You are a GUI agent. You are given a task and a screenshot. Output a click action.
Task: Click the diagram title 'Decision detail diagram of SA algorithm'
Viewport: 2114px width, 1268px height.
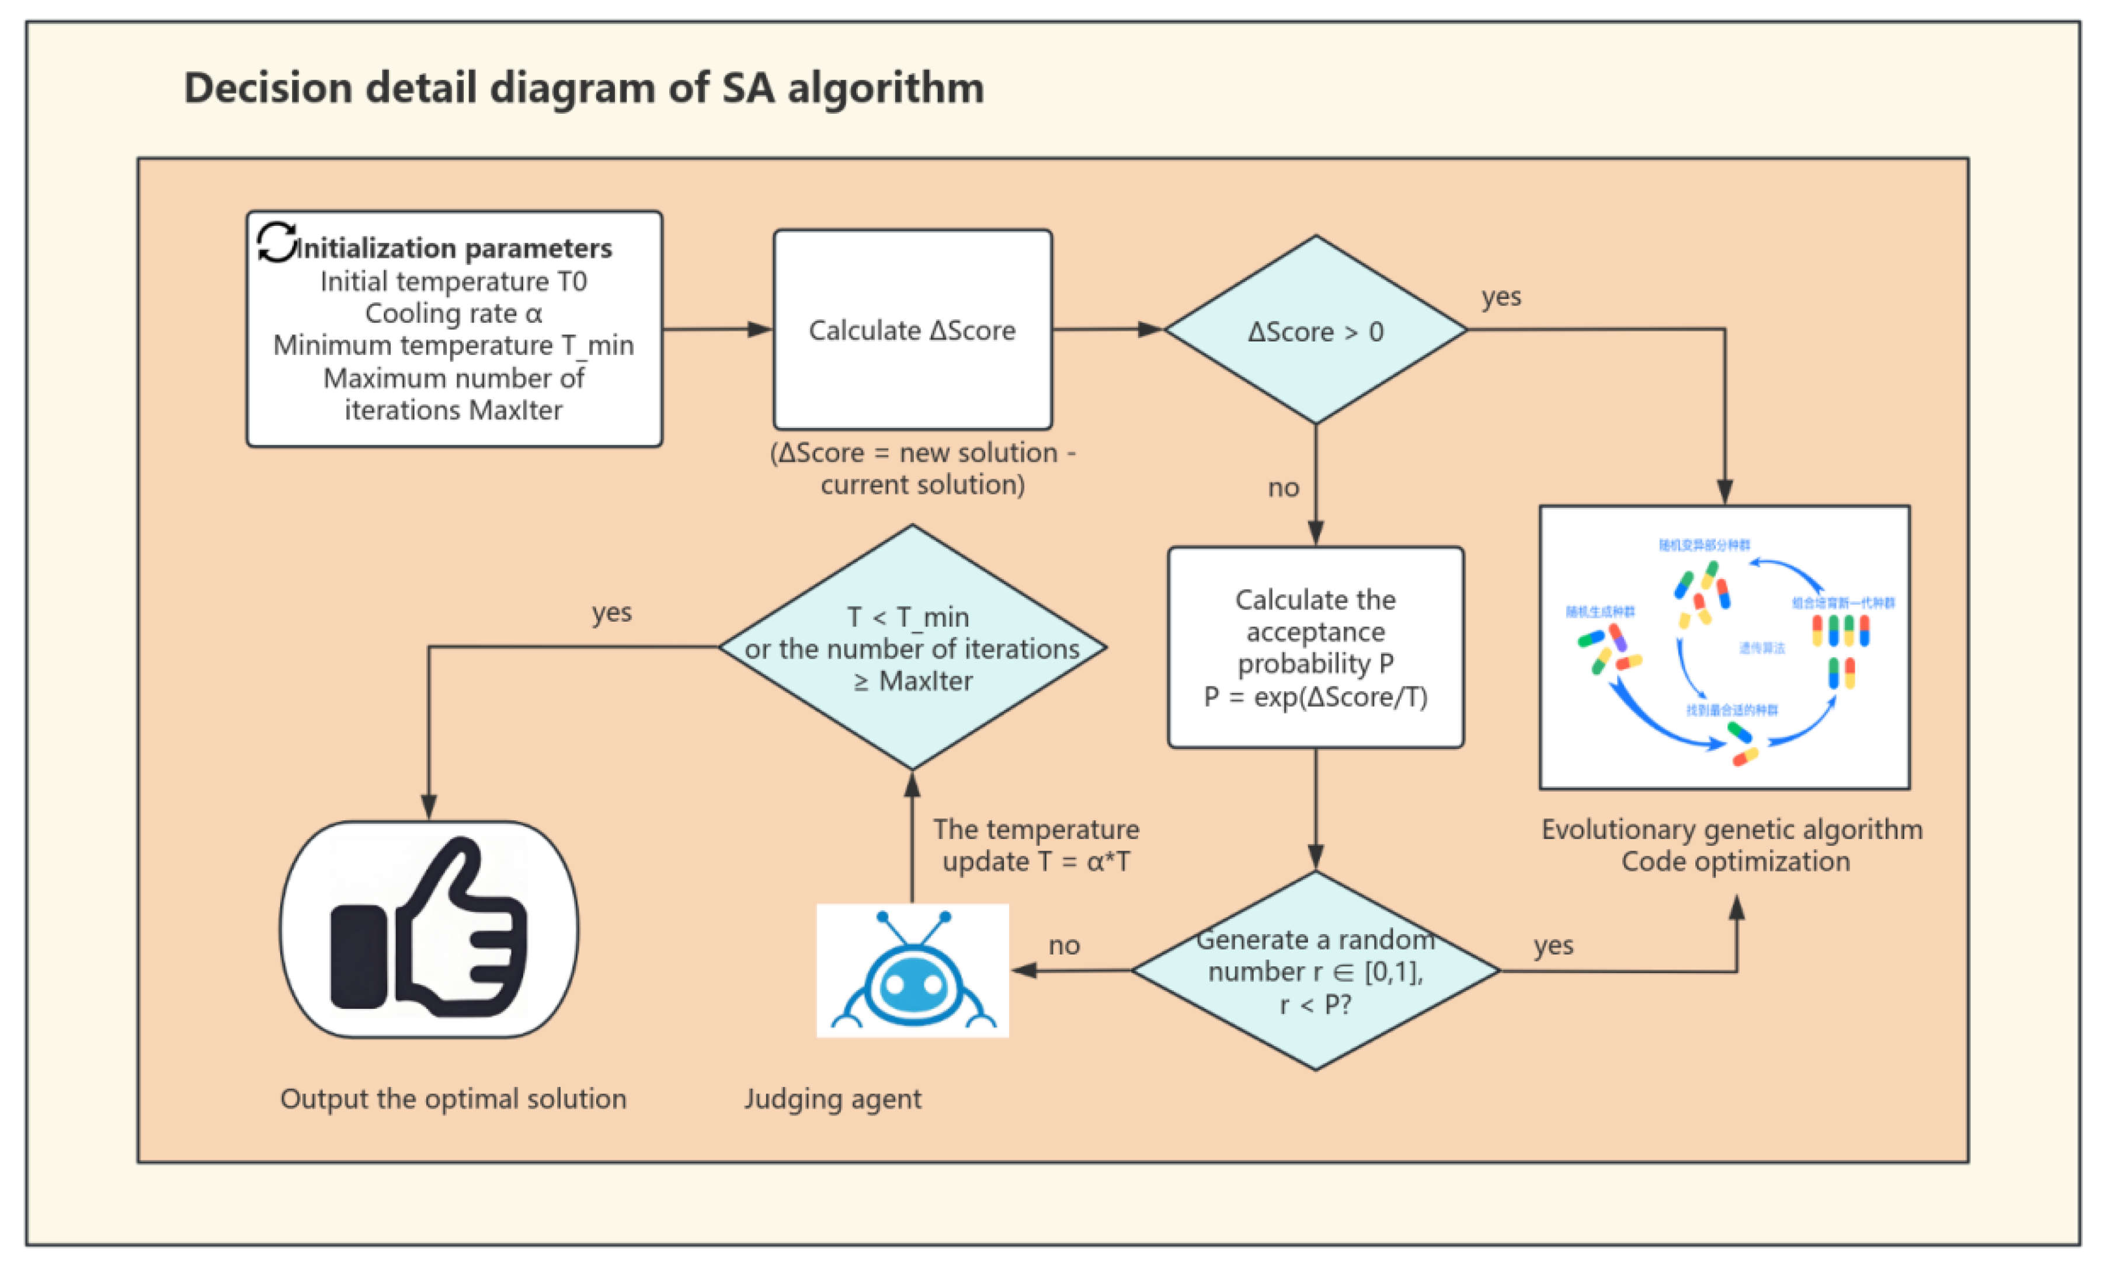pyautogui.click(x=583, y=88)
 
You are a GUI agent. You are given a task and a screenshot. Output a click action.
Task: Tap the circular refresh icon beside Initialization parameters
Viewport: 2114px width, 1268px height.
pyautogui.click(x=276, y=243)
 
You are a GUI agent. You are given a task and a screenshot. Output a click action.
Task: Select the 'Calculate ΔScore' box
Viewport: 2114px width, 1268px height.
pyautogui.click(x=912, y=330)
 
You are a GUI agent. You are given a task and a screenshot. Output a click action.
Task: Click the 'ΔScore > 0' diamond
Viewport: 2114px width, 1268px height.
pyautogui.click(x=1315, y=330)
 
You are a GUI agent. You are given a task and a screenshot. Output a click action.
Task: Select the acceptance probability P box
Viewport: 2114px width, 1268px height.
pyautogui.click(x=1315, y=647)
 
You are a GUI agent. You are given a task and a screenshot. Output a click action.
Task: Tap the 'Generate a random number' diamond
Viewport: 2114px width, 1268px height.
pyautogui.click(x=1315, y=971)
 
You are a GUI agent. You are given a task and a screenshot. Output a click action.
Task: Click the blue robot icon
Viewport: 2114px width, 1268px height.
pyautogui.click(x=912, y=971)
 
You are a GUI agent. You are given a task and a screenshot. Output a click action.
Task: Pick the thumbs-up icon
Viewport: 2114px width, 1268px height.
pyautogui.click(x=429, y=929)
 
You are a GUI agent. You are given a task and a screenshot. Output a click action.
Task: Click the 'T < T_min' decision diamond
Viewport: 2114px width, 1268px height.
pyautogui.click(x=912, y=647)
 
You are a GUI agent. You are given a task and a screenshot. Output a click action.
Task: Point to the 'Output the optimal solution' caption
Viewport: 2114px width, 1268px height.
pyautogui.click(x=453, y=1099)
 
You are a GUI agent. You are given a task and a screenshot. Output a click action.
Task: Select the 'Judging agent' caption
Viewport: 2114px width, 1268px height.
pyautogui.click(x=832, y=1099)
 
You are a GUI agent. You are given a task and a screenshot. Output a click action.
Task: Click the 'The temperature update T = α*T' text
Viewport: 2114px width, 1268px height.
pyautogui.click(x=1035, y=845)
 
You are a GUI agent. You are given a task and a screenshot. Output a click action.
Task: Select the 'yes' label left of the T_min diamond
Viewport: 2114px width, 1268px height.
pyautogui.click(x=612, y=612)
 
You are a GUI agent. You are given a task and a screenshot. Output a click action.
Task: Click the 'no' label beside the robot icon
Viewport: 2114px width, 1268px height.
pyautogui.click(x=1064, y=945)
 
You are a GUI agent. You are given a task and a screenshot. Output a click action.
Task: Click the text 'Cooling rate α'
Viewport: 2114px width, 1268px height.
pyautogui.click(x=453, y=313)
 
